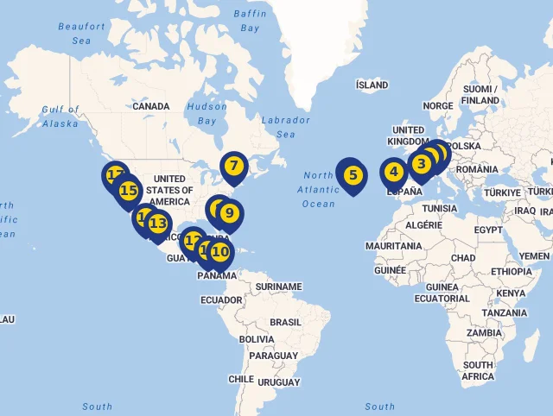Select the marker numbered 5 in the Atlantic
click(352, 174)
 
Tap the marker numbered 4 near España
click(393, 171)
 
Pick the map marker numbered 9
click(229, 212)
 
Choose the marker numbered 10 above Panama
click(220, 252)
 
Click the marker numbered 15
click(129, 190)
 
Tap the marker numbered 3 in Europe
click(422, 163)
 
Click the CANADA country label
click(150, 106)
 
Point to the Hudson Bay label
click(207, 114)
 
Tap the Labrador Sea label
click(285, 127)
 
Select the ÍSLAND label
click(372, 85)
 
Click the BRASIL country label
click(285, 322)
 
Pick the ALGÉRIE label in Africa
click(423, 224)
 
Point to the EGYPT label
click(487, 230)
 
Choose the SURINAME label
click(279, 287)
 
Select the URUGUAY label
click(277, 381)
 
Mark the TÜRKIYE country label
click(502, 192)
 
